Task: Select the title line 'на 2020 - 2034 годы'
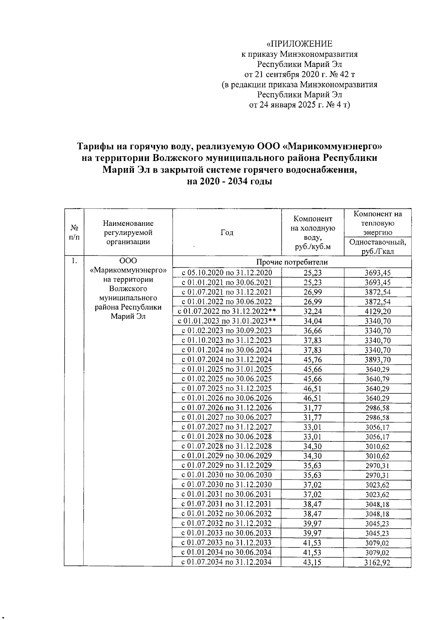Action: tap(229, 182)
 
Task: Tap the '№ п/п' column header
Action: tap(74, 232)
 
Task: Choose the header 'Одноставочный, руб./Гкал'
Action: tap(378, 247)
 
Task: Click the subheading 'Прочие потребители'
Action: tap(292, 262)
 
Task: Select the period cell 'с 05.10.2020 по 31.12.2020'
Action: tap(227, 273)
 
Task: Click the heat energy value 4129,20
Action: tap(378, 311)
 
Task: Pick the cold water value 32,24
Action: tap(313, 311)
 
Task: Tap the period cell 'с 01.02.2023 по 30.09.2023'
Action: tap(227, 330)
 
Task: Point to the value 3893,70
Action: tap(378, 359)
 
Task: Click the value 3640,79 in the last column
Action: tap(378, 379)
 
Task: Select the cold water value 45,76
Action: tap(313, 359)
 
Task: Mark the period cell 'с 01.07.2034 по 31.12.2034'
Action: tap(227, 562)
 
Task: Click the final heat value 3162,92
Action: tap(378, 563)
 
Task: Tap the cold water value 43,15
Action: tap(313, 562)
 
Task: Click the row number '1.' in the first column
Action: tap(74, 261)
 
